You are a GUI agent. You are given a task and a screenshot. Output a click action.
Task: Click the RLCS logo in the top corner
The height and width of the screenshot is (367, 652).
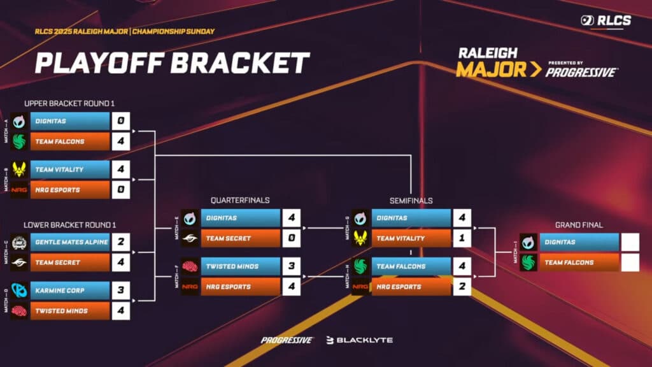(x=606, y=21)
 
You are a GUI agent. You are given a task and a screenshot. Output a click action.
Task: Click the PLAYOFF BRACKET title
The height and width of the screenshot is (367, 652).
(x=172, y=64)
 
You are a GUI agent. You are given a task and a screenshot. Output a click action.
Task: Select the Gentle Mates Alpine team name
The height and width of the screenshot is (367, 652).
(x=71, y=242)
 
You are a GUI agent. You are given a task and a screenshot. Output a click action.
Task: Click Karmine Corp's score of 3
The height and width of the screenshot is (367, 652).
(x=120, y=291)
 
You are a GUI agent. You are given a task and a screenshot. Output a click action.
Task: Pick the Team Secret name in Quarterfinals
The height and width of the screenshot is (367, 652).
(x=228, y=238)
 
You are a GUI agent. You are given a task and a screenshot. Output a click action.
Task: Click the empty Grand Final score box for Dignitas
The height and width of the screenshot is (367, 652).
(x=629, y=242)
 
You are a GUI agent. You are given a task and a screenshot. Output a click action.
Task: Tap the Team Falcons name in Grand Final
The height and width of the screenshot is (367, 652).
(x=568, y=263)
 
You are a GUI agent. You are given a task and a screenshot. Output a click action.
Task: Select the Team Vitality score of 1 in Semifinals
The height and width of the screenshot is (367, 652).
(x=462, y=238)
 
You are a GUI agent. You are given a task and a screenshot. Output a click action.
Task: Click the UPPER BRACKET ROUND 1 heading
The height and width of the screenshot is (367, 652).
(x=69, y=103)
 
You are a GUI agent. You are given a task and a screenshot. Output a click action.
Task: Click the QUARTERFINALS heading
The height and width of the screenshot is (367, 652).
(x=240, y=200)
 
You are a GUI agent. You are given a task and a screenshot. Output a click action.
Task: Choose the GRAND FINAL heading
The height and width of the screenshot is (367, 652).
(x=579, y=225)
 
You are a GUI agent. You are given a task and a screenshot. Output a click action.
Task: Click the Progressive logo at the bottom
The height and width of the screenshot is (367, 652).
(x=287, y=340)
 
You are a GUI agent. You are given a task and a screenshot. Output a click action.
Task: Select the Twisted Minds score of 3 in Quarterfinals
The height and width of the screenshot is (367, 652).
(x=291, y=266)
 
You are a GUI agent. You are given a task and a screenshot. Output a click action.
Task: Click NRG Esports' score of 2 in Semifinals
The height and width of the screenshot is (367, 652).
(x=462, y=287)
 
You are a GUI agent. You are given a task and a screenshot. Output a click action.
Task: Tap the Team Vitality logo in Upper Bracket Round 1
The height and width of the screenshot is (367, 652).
(x=20, y=169)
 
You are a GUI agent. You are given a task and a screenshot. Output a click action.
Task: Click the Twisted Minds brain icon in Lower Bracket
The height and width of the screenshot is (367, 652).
(x=20, y=311)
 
